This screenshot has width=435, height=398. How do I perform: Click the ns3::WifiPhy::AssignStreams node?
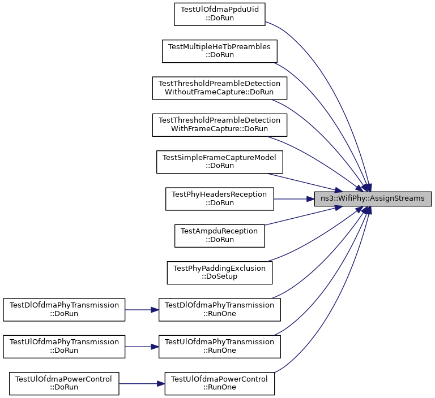pos(373,199)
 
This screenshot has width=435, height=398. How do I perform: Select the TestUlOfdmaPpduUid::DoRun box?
pos(220,14)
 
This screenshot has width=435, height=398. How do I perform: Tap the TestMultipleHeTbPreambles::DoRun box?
pos(220,51)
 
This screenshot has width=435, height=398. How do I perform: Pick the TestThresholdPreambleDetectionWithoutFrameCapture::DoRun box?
pos(220,88)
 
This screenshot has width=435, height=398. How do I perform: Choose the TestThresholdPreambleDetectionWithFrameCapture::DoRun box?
pos(220,125)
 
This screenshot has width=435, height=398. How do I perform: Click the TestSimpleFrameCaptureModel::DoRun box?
pos(220,162)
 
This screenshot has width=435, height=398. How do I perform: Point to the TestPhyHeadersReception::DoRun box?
pos(220,199)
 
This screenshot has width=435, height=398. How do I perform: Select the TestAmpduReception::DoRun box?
pos(220,236)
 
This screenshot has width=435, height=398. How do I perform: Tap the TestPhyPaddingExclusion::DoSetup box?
pos(220,273)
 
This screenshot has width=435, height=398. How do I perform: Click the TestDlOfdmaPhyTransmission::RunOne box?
pos(220,310)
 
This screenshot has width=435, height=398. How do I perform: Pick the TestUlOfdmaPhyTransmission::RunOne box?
pos(220,347)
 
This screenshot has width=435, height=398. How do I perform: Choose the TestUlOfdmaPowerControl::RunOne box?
pos(220,384)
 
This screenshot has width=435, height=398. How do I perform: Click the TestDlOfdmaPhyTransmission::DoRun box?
pos(64,310)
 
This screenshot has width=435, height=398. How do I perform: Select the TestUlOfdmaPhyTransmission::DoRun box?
pos(64,347)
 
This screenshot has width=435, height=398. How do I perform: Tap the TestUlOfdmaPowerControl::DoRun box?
pos(64,384)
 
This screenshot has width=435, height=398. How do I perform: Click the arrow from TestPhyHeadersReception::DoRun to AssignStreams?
pos(294,199)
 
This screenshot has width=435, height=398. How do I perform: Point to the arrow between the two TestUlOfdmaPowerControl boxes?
pos(142,384)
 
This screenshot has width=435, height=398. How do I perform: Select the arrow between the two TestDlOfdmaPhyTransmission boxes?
pos(142,310)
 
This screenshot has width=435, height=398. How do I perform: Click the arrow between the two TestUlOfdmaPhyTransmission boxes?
pos(142,347)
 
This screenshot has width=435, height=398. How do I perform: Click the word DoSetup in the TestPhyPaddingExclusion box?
pos(221,276)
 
